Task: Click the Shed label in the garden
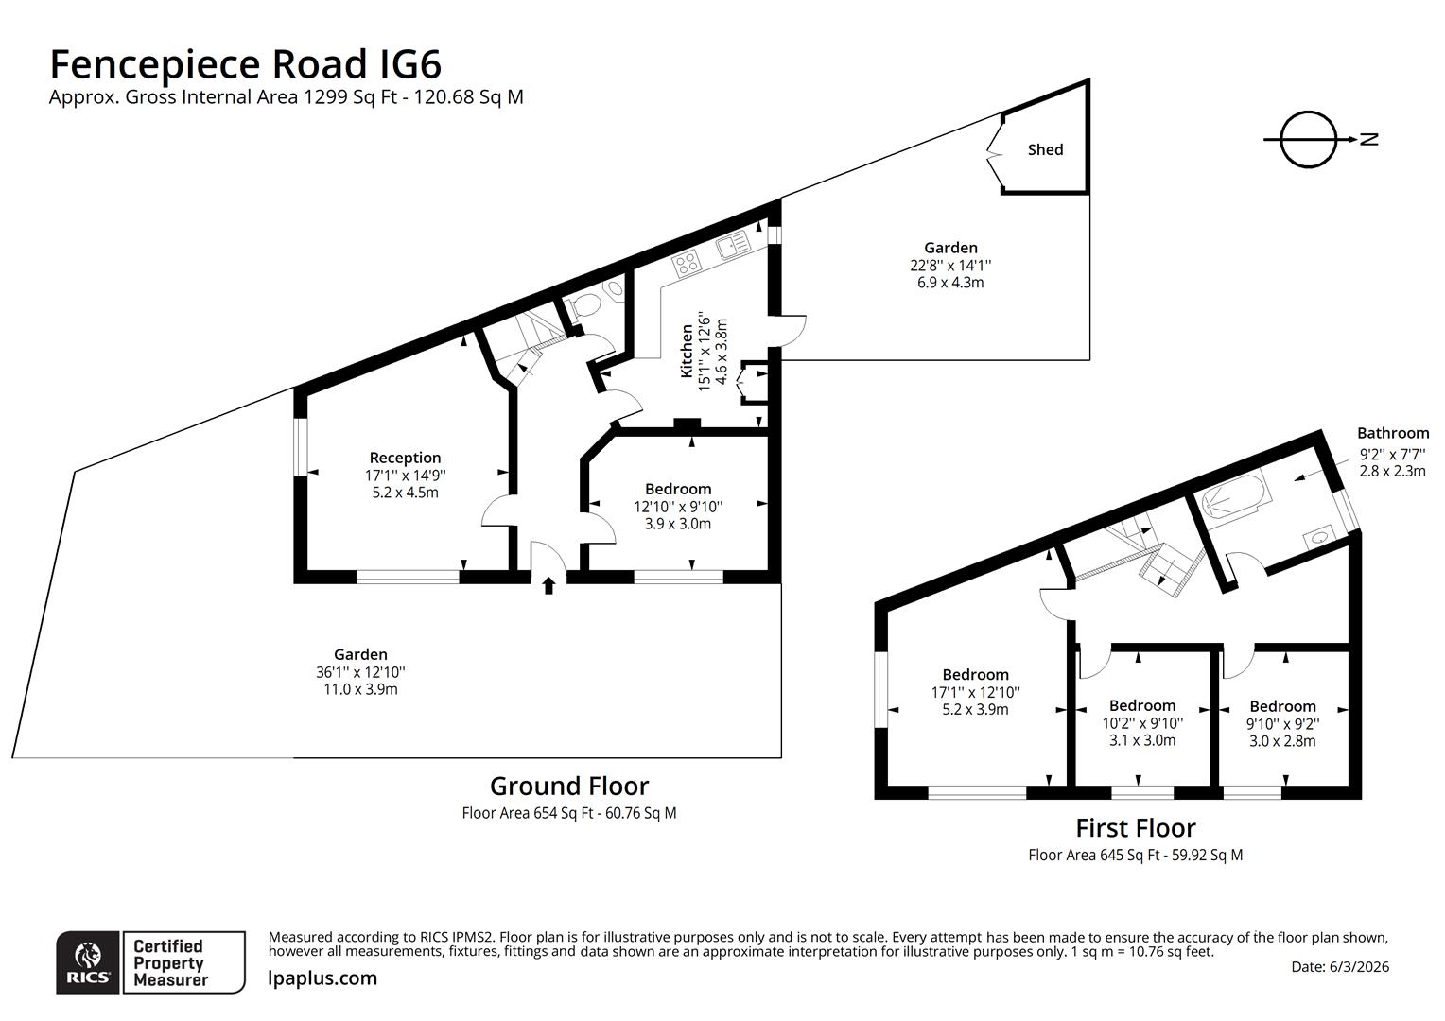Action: tap(1045, 149)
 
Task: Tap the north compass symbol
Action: tap(1310, 140)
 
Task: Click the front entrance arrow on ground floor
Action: tap(548, 586)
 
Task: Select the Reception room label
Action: tap(405, 458)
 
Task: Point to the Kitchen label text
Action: tap(688, 352)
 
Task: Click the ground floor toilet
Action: tap(586, 305)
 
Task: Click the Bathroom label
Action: tap(1392, 433)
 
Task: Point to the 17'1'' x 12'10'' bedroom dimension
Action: tap(975, 692)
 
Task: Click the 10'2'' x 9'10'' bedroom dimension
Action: tap(1141, 723)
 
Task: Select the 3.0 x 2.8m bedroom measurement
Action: tap(1282, 741)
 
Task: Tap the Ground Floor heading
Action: tap(568, 786)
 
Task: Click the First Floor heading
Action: tap(1135, 828)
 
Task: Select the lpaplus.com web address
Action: tap(322, 978)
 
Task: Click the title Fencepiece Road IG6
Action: tap(245, 64)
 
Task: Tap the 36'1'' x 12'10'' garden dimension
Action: tap(360, 672)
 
